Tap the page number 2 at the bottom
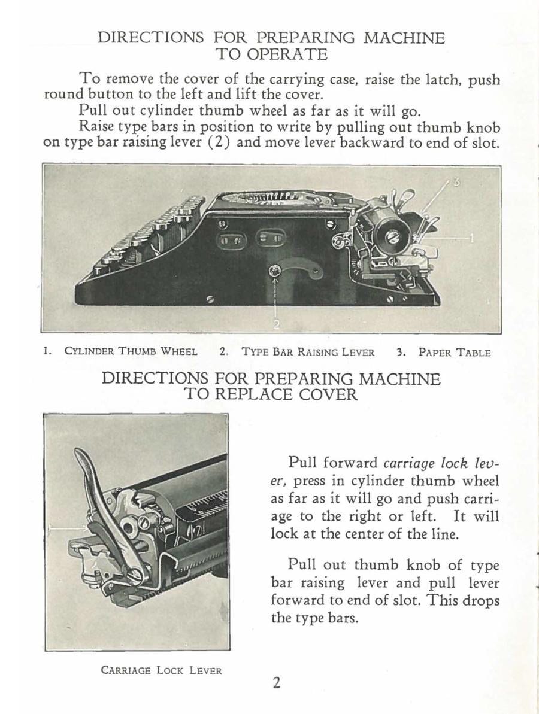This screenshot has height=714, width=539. [276, 683]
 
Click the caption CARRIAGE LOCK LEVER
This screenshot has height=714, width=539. [161, 670]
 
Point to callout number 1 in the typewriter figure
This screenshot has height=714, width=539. [472, 238]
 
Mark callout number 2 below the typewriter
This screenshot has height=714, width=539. [275, 324]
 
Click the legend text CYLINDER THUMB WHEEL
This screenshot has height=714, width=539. [131, 351]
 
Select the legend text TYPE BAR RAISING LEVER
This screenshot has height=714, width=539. [308, 352]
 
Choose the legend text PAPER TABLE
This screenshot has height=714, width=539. [454, 353]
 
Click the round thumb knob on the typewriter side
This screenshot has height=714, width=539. [275, 271]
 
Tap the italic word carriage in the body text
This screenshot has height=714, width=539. [409, 464]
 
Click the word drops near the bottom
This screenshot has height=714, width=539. [481, 601]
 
